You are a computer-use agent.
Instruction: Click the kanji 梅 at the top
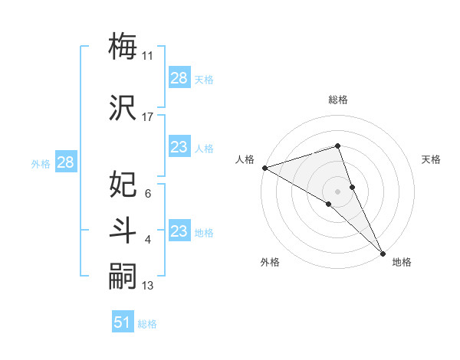tap(123, 46)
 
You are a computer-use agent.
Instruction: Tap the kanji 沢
tap(123, 107)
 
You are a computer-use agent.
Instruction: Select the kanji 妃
tap(123, 185)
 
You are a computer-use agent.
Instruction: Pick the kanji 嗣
tap(123, 277)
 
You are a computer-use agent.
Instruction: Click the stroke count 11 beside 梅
tap(148, 56)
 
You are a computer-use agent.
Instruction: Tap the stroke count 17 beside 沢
tap(148, 117)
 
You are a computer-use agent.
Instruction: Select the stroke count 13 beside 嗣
tap(148, 286)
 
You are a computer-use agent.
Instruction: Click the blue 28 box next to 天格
tap(179, 79)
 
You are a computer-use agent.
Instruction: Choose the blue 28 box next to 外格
tap(65, 162)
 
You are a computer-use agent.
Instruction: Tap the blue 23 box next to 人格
tap(179, 148)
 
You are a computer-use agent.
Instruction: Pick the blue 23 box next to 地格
tap(179, 232)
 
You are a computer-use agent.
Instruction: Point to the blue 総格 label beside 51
tap(147, 324)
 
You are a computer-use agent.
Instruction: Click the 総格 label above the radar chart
tap(338, 100)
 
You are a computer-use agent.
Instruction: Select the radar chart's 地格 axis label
tap(402, 262)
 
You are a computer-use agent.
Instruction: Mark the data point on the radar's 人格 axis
tap(264, 167)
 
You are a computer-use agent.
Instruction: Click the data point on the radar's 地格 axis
tap(383, 253)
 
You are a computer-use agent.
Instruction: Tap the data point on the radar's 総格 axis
tap(338, 146)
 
